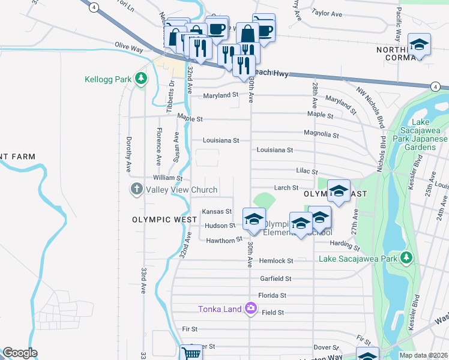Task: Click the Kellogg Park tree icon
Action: [140, 79]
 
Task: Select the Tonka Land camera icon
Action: [250, 309]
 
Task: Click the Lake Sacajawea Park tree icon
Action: [406, 258]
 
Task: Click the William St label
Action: [167, 178]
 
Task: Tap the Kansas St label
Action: [217, 212]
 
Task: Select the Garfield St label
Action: [276, 279]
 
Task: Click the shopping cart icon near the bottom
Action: [190, 353]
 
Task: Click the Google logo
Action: [20, 353]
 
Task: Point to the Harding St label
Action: [344, 245]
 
